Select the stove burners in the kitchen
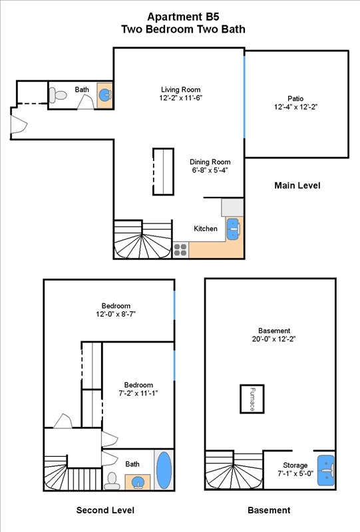click(180, 249)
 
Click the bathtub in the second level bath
click(163, 471)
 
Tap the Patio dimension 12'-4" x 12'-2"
click(296, 107)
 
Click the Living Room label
click(180, 90)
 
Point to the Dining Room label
click(210, 162)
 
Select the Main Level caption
click(297, 186)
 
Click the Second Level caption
click(105, 510)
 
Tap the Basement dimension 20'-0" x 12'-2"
click(274, 339)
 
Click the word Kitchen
click(205, 229)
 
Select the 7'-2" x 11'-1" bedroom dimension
click(138, 394)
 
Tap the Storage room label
click(295, 465)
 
